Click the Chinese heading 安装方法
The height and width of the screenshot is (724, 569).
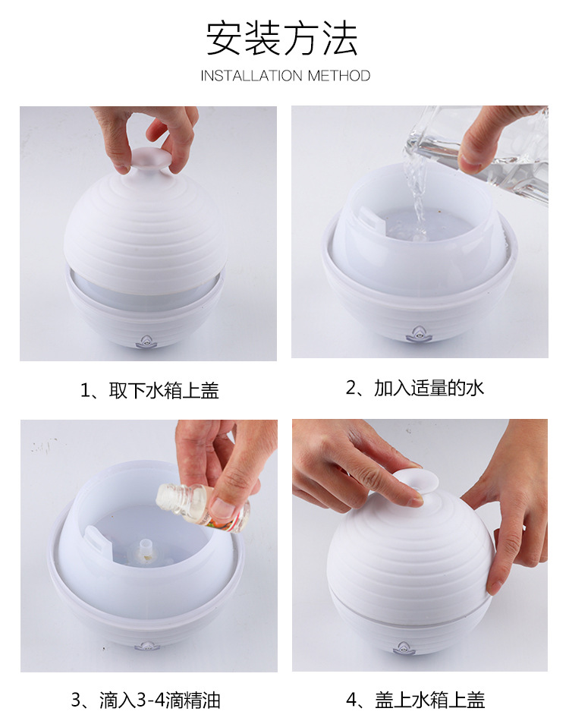click(281, 38)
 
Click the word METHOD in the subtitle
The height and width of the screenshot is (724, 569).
click(339, 75)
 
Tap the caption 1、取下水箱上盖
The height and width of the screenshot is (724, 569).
click(149, 391)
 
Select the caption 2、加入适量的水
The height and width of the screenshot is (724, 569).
click(415, 387)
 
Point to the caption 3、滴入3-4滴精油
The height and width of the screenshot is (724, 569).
click(146, 700)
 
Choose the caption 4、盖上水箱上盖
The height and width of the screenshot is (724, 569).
click(415, 700)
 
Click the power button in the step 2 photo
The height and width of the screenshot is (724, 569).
click(417, 333)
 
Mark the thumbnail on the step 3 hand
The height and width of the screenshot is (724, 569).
click(223, 509)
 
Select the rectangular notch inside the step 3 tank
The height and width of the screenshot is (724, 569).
click(95, 535)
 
